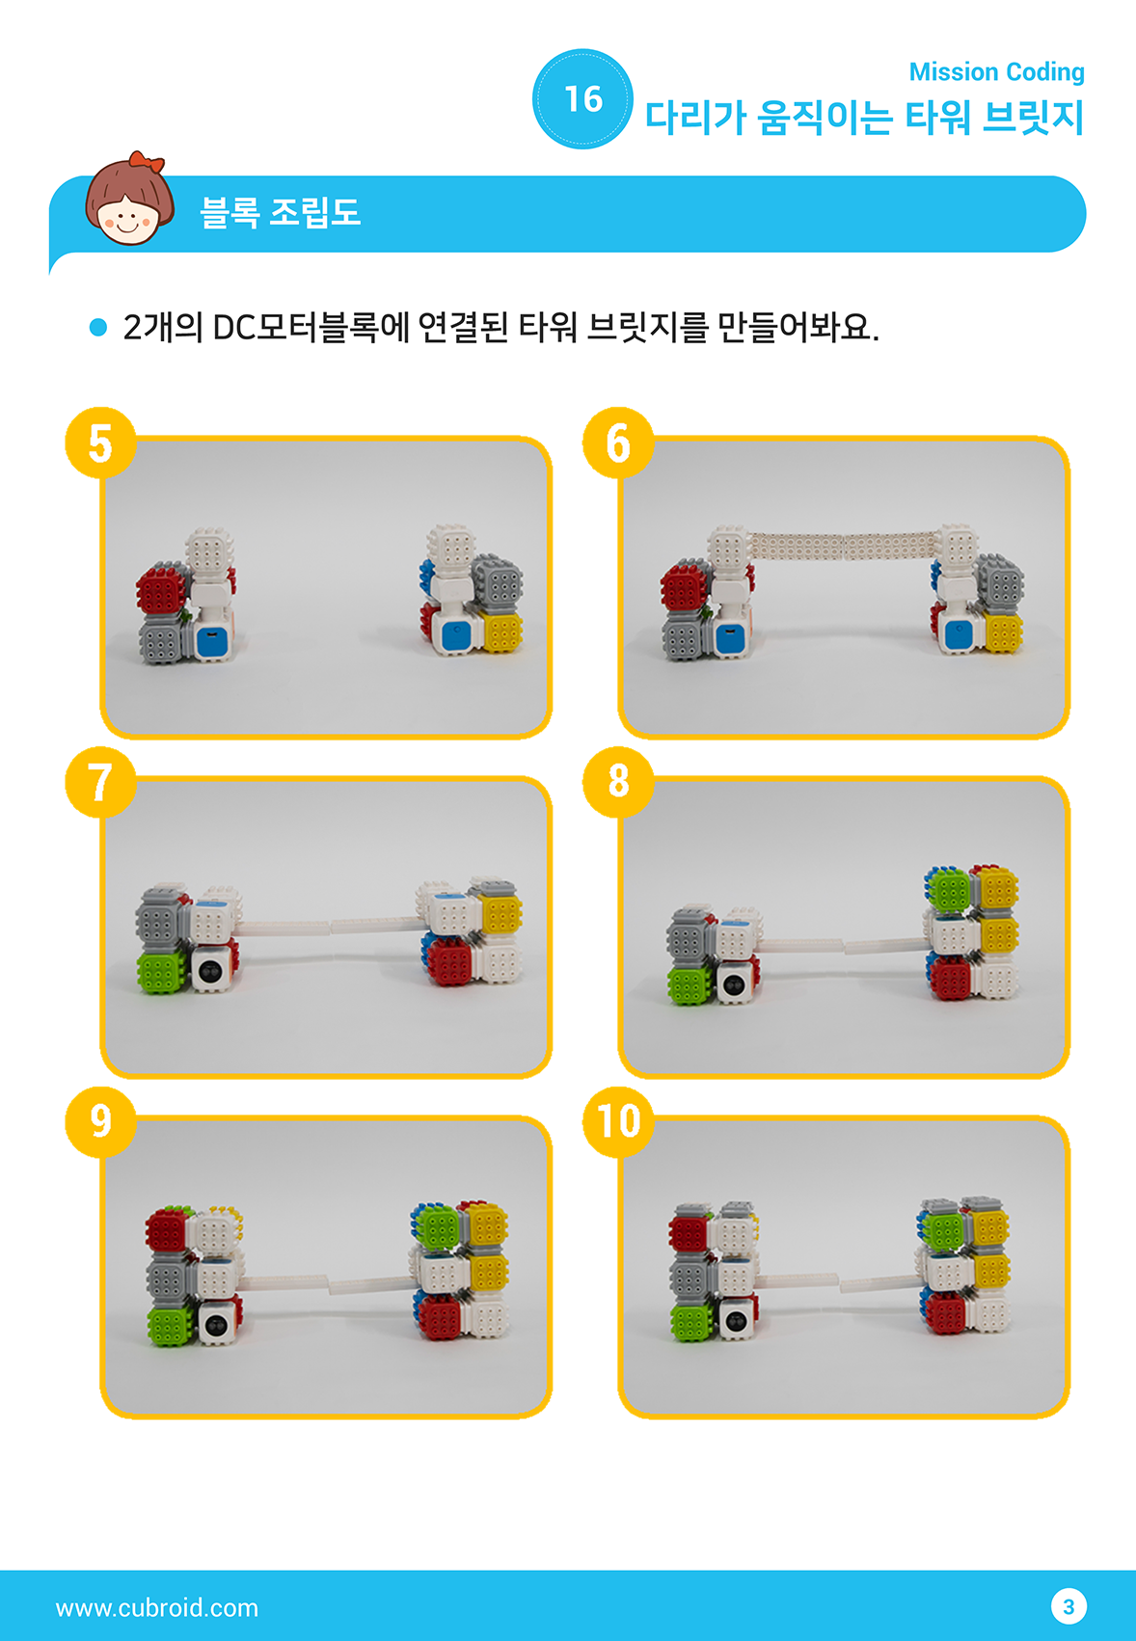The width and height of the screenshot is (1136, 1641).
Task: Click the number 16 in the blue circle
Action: [583, 99]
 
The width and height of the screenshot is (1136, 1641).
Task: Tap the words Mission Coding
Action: [997, 71]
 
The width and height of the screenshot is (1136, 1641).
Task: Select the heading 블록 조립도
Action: [280, 212]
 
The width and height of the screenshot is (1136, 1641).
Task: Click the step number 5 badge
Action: [100, 443]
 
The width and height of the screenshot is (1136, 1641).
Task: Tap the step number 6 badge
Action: [618, 443]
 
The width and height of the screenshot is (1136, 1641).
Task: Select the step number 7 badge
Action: [100, 782]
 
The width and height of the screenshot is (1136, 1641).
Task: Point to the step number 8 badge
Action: [618, 782]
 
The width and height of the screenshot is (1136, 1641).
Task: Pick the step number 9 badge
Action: [100, 1121]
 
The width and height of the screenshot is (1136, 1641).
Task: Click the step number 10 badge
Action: [618, 1121]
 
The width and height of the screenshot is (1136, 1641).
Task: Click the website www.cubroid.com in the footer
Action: [157, 1607]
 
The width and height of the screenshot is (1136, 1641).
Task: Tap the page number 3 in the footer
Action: [1068, 1606]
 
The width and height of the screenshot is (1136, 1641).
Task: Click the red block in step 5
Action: [163, 588]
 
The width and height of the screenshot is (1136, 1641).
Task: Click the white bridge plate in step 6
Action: [844, 546]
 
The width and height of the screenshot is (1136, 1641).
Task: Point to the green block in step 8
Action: [948, 889]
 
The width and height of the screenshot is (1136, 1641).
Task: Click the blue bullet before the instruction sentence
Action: [98, 327]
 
